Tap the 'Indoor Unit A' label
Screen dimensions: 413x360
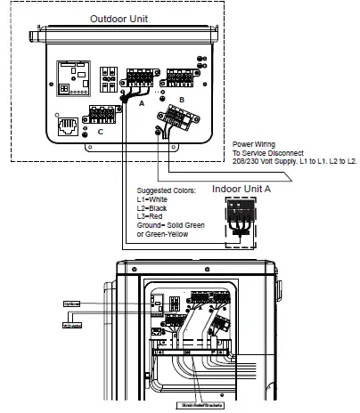click(x=241, y=189)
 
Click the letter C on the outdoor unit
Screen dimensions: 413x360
click(x=99, y=131)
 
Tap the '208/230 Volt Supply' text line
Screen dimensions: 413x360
click(x=258, y=159)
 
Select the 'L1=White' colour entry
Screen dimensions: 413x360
click(x=152, y=199)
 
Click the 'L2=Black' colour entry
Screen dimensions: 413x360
click(x=152, y=208)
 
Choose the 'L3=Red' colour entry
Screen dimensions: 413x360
click(x=150, y=216)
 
